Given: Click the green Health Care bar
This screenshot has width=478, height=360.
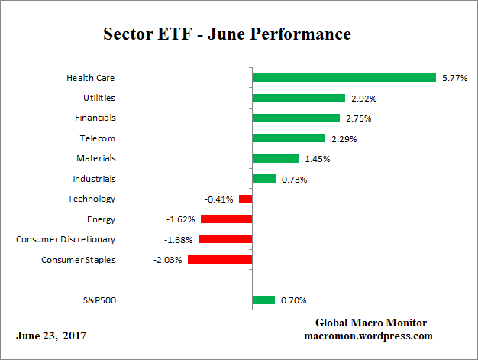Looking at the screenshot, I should click(344, 77).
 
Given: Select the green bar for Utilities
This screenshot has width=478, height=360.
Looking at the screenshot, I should click(299, 98).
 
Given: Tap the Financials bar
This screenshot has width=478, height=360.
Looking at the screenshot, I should click(296, 118).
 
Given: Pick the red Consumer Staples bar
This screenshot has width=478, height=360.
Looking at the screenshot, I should click(220, 260).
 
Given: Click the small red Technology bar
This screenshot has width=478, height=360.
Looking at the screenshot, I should click(245, 199).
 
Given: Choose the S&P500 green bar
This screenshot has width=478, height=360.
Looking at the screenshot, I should click(263, 300).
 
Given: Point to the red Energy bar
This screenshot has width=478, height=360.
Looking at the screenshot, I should click(226, 219).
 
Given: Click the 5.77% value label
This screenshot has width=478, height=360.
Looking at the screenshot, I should click(454, 78).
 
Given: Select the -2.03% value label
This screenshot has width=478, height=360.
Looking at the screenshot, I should click(169, 260).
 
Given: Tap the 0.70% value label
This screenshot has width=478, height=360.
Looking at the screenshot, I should click(293, 300).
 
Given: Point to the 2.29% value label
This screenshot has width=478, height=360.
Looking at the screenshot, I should click(344, 138).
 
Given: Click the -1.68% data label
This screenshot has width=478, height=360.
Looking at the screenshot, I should click(179, 239).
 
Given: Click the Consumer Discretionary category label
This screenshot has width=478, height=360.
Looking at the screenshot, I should click(66, 239).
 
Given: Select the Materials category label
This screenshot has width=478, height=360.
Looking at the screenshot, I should click(95, 158).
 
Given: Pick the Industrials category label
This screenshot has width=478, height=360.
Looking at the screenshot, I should click(95, 179).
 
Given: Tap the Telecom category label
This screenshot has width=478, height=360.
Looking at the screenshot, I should click(99, 138).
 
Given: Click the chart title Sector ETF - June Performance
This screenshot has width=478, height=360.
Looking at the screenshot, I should click(227, 34).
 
